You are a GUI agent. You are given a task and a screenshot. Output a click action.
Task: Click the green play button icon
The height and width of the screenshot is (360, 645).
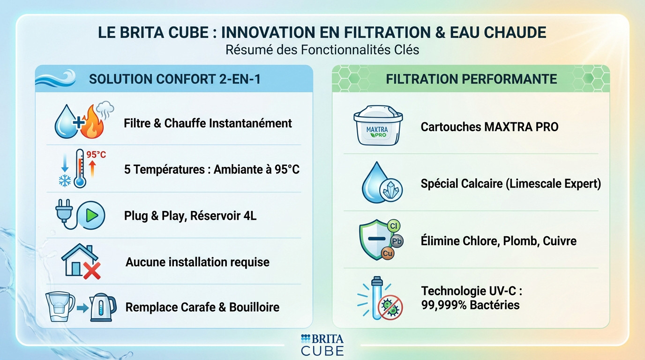(92, 216)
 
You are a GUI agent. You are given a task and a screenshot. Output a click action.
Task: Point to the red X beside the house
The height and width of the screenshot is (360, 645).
(91, 270)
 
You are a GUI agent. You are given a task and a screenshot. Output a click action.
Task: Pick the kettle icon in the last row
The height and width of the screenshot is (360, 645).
(103, 307)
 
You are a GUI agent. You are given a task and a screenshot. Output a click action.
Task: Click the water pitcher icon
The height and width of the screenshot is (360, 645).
(60, 307)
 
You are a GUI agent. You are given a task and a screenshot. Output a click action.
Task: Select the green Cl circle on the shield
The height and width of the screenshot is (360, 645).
(393, 226)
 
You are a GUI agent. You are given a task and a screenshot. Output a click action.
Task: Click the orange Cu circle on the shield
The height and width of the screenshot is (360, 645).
(388, 254)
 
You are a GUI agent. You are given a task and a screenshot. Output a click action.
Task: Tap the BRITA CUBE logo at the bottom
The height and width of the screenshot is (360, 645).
(322, 345)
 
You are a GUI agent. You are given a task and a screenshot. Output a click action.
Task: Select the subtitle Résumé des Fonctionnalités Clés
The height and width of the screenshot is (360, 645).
(322, 50)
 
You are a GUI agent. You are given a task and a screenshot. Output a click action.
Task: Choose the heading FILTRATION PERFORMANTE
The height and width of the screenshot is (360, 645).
(471, 79)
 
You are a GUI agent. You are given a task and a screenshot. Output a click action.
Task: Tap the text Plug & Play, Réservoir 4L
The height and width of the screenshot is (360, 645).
(190, 216)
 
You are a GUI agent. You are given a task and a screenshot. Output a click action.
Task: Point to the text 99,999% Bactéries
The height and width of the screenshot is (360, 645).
(470, 305)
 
